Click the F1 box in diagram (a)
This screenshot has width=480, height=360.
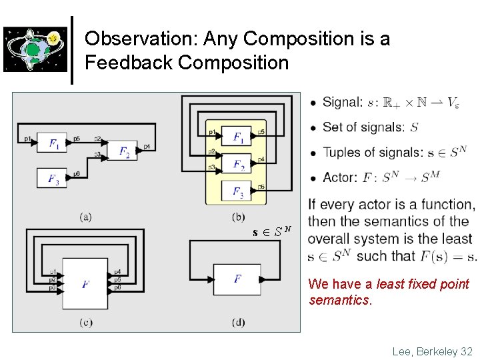pyautogui.click(x=53, y=143)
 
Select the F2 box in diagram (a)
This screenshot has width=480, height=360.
pyautogui.click(x=123, y=151)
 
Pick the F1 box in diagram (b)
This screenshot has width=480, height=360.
pyautogui.click(x=238, y=137)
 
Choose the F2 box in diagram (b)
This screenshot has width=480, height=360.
pyautogui.click(x=238, y=164)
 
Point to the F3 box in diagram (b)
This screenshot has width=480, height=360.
pyautogui.click(x=238, y=191)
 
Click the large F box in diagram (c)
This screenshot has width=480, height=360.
pyautogui.click(x=85, y=284)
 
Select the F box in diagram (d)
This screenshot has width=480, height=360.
pyautogui.click(x=238, y=279)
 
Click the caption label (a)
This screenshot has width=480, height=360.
pyautogui.click(x=85, y=216)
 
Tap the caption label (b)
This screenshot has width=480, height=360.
pyautogui.click(x=238, y=216)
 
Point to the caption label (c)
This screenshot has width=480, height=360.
pyautogui.click(x=86, y=323)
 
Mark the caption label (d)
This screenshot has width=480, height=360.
pyautogui.click(x=238, y=323)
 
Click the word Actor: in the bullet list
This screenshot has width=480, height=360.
pyautogui.click(x=340, y=178)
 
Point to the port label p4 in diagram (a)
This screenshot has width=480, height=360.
pyautogui.click(x=147, y=146)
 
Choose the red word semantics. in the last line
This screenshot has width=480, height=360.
pyautogui.click(x=340, y=301)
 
